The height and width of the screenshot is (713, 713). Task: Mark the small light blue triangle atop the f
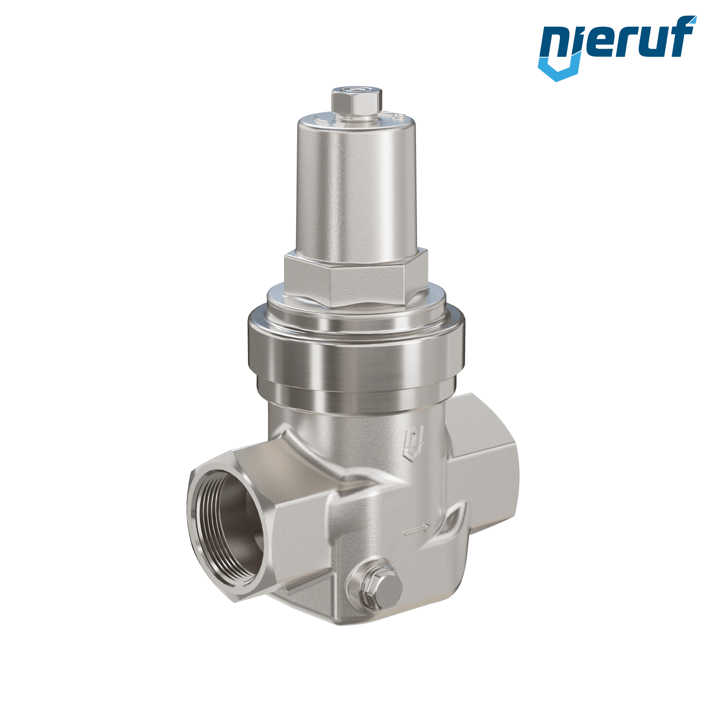coord(692,20)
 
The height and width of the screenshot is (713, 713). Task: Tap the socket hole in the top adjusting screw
coord(357,89)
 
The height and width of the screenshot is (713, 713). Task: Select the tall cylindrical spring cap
coord(355,186)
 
